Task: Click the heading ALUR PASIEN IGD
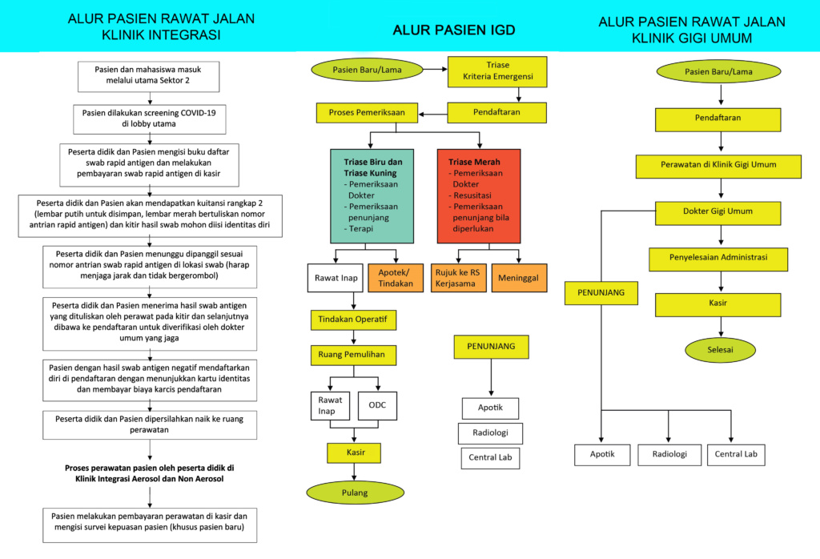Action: pos(453,31)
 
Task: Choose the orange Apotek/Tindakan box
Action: pos(395,278)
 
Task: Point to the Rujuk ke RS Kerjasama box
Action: pos(459,278)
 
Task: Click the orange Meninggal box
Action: pos(518,278)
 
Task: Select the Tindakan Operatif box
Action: pos(353,320)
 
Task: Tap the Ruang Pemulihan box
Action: pos(353,354)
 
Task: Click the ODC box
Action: pos(377,405)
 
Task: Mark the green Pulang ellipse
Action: pos(352,493)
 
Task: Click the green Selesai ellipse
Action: pos(720,350)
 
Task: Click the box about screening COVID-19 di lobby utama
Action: pos(150,119)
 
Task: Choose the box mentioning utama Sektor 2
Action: pos(150,76)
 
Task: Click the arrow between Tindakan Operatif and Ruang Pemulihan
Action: pos(353,337)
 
